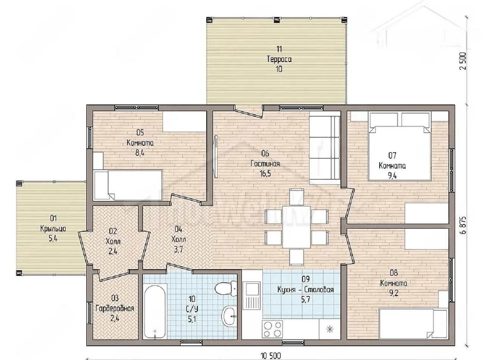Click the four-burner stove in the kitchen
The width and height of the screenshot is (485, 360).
click(272, 329)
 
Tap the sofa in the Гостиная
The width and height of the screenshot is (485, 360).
click(325, 148)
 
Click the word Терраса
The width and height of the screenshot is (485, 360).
click(279, 59)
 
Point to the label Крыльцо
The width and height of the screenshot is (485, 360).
click(53, 229)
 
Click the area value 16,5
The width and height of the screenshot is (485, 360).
click(265, 174)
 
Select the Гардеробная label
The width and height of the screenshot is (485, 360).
click(115, 309)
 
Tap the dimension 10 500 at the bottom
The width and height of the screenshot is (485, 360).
click(271, 356)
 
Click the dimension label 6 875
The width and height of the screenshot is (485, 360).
click(463, 225)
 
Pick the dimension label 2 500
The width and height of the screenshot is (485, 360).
click(463, 61)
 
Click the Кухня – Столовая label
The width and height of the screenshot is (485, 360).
click(305, 290)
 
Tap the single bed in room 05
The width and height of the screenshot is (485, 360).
click(128, 185)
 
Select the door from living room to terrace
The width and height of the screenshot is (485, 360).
click(249, 111)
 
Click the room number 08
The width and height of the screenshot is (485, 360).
click(394, 273)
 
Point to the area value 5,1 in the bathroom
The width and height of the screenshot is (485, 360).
click(192, 319)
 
